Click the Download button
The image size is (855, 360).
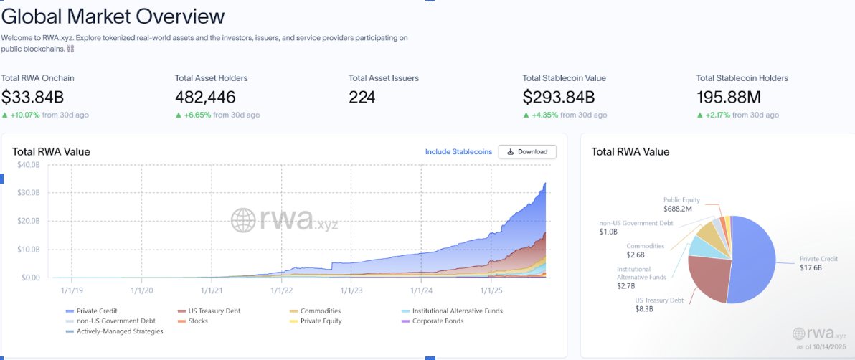point(527,152)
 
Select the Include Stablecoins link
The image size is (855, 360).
point(458,152)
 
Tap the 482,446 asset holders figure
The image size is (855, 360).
point(205,97)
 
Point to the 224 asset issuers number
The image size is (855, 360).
point(362,97)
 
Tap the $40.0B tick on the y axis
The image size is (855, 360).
point(29,165)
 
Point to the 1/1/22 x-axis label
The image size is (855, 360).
point(281,290)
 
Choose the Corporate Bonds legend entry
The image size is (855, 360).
point(438,321)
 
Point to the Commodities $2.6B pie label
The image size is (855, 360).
point(646,250)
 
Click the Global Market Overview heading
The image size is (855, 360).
point(113,16)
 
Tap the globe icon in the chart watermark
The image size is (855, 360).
point(243,219)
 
